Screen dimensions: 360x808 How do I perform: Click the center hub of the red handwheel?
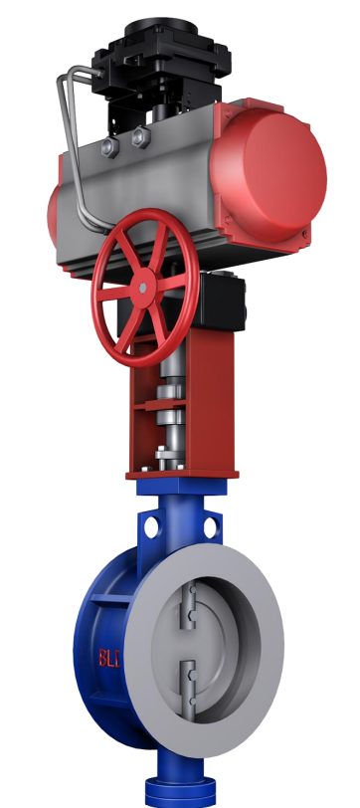point(143,288)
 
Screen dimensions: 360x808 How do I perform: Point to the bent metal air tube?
point(78,149)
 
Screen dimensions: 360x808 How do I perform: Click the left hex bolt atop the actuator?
point(110,147)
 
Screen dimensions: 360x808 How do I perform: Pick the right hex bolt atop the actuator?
point(140,137)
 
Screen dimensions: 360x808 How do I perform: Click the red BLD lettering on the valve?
point(109,658)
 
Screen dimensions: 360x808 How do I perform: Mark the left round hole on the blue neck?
point(151,527)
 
